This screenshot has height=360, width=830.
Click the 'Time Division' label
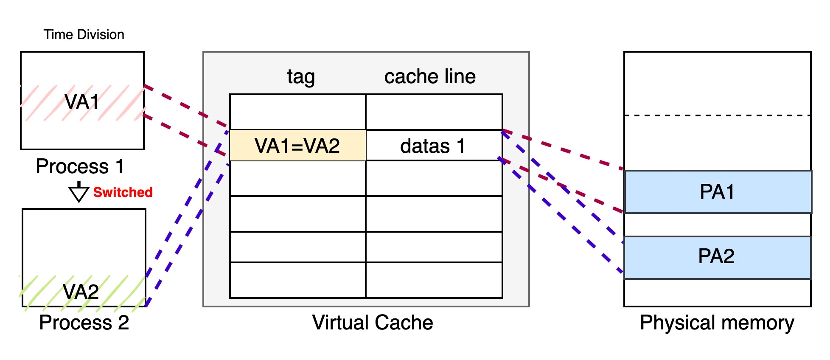(84, 34)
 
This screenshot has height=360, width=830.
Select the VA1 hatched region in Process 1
(82, 102)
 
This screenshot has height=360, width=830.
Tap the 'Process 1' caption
(80, 166)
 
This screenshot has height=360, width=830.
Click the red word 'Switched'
(123, 192)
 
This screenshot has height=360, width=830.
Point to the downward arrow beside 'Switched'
(79, 193)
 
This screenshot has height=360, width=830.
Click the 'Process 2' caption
(84, 323)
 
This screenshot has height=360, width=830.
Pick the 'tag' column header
(300, 77)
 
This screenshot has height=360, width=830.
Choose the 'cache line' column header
(430, 77)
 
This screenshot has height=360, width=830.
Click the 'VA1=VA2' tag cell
(297, 146)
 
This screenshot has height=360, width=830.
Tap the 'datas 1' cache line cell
(433, 146)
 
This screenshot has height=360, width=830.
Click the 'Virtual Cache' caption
(373, 323)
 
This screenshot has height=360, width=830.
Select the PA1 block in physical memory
(717, 192)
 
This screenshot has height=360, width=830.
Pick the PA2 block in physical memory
(717, 257)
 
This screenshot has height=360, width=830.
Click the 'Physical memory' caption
(717, 323)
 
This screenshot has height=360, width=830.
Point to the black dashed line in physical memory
(717, 115)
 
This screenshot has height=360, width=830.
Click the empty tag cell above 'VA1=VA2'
(297, 112)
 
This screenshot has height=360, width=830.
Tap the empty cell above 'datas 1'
(434, 112)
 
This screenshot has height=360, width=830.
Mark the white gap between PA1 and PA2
(717, 225)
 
